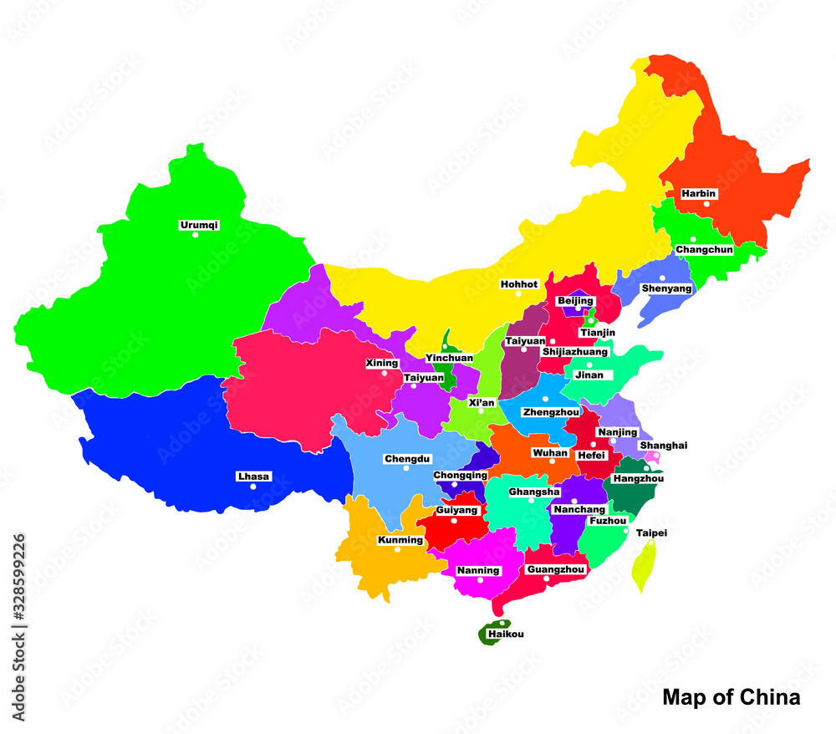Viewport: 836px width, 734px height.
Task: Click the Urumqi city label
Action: (x=199, y=225)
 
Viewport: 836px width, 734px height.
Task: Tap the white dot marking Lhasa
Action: (x=253, y=487)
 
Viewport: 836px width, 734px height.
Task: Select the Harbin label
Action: (x=699, y=193)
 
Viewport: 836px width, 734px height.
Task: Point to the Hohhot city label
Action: (x=519, y=284)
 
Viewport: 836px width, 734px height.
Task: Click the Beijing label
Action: (x=575, y=300)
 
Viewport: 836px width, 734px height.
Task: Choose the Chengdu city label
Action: (x=407, y=459)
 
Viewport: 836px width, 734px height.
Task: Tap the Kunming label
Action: (x=400, y=540)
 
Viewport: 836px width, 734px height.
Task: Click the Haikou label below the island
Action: (x=506, y=635)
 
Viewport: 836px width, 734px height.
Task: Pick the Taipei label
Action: (x=651, y=533)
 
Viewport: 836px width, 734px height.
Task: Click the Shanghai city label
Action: (x=664, y=446)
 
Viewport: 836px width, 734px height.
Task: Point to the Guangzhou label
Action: (x=555, y=569)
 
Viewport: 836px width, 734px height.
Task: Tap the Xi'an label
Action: (x=482, y=402)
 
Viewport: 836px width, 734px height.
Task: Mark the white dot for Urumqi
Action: (x=196, y=235)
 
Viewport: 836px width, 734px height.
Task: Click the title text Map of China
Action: (x=731, y=697)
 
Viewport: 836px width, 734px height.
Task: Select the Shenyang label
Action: (x=666, y=288)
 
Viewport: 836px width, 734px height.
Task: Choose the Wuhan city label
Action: (x=550, y=452)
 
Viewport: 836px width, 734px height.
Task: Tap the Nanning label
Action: (x=478, y=571)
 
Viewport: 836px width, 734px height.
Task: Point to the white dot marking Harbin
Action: (x=706, y=203)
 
